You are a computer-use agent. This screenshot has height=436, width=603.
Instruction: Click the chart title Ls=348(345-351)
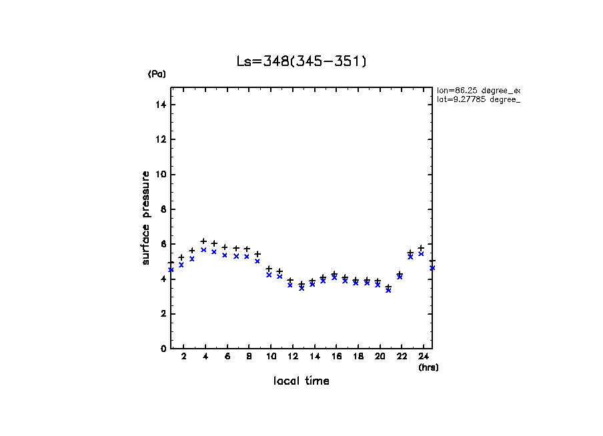tap(301, 61)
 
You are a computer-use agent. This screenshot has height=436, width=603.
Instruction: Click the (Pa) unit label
tap(157, 74)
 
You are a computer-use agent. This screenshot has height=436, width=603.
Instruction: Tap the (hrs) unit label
tap(428, 367)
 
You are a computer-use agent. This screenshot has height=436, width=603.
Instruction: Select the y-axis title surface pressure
tap(146, 218)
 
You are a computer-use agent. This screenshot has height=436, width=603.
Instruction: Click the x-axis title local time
tap(301, 381)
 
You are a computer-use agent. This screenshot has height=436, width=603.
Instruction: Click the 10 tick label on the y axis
tap(161, 175)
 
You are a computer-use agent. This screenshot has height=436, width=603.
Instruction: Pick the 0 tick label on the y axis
tap(163, 349)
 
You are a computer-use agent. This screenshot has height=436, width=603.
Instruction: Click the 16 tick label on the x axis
tap(334, 357)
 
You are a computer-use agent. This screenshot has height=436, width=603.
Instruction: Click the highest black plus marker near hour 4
tap(203, 241)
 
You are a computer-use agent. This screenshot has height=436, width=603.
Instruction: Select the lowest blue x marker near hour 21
tap(388, 290)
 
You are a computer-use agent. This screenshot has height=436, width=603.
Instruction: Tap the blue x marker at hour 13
tap(301, 288)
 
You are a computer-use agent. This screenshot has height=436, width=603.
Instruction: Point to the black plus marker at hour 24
tap(421, 248)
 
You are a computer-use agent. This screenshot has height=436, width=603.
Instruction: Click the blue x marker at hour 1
tap(171, 269)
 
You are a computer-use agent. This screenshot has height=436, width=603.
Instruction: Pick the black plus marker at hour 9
tap(257, 254)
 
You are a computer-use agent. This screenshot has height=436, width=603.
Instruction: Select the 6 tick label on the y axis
tap(163, 244)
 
